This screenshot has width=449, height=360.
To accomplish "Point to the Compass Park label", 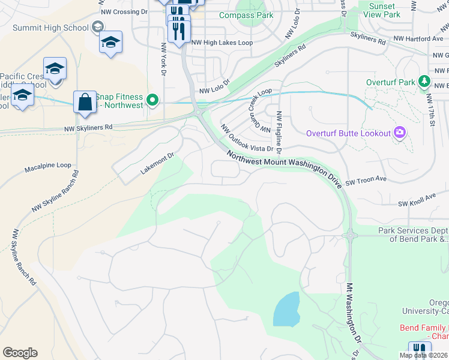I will point(246,15).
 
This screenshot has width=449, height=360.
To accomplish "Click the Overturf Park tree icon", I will point(424,81).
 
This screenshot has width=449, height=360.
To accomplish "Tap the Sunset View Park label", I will point(383,10).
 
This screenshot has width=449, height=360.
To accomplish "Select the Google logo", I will point(20,353).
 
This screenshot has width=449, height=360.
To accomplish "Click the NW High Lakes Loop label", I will point(221,43).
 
